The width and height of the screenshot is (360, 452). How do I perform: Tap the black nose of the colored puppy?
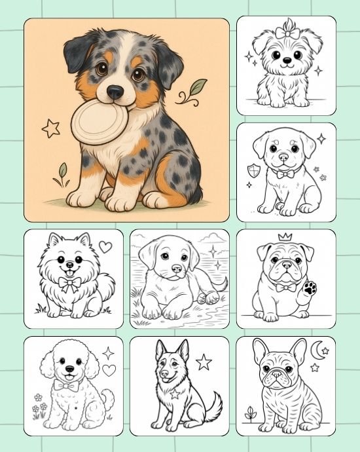pyautogui.click(x=116, y=92)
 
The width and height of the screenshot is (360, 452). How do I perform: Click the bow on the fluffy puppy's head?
pyautogui.click(x=286, y=33)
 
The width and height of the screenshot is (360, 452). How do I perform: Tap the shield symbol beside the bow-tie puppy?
pyautogui.click(x=253, y=171)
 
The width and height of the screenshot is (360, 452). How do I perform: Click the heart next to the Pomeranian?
pyautogui.click(x=105, y=247)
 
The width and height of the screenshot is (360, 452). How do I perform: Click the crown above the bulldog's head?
pyautogui.click(x=285, y=237)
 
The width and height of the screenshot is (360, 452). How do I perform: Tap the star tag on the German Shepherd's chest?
pyautogui.click(x=175, y=394)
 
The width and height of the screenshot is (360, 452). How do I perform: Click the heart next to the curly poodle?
pyautogui.click(x=109, y=370)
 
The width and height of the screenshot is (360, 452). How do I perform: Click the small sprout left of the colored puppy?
pyautogui.click(x=62, y=173)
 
